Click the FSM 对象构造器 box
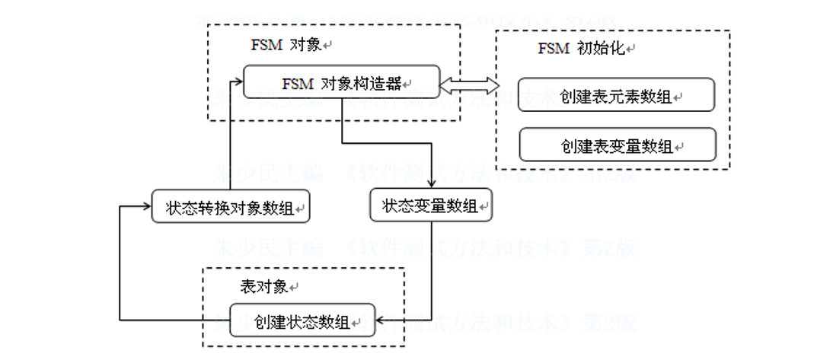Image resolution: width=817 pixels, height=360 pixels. click(x=342, y=81)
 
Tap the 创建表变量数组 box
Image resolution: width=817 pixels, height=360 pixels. click(x=617, y=145)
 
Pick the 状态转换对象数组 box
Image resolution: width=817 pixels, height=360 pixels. click(x=231, y=205)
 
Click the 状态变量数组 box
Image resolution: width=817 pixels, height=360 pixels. click(x=430, y=205)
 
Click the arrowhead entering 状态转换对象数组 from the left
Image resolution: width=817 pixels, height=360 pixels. click(x=145, y=205)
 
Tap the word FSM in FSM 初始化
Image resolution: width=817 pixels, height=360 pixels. click(x=553, y=49)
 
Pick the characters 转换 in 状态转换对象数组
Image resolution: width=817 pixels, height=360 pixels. click(x=215, y=206)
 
